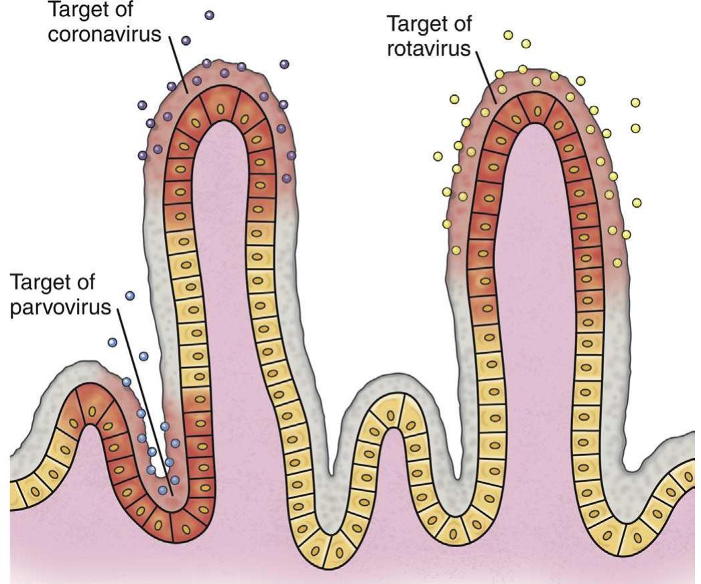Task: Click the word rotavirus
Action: click(x=430, y=50)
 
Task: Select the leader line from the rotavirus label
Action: click(x=487, y=78)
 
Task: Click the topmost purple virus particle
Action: click(x=210, y=14)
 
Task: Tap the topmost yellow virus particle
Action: click(x=508, y=34)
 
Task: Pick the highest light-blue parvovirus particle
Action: click(x=130, y=295)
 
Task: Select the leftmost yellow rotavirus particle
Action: click(x=438, y=156)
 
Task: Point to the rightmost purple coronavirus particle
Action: click(x=292, y=155)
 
